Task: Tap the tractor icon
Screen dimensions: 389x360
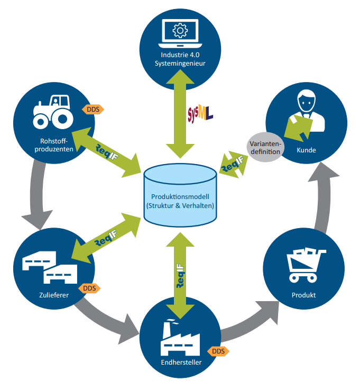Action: point(53,112)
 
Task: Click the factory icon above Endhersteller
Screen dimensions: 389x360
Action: point(180,338)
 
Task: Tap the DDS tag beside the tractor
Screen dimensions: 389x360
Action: point(93,109)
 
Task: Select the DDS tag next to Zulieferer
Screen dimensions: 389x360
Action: point(89,288)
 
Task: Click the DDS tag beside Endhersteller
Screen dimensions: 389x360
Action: point(218,351)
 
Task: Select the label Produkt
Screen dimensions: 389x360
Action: point(303,295)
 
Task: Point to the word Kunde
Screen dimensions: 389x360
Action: point(307,150)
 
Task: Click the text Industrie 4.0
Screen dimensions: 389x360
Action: point(180,55)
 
